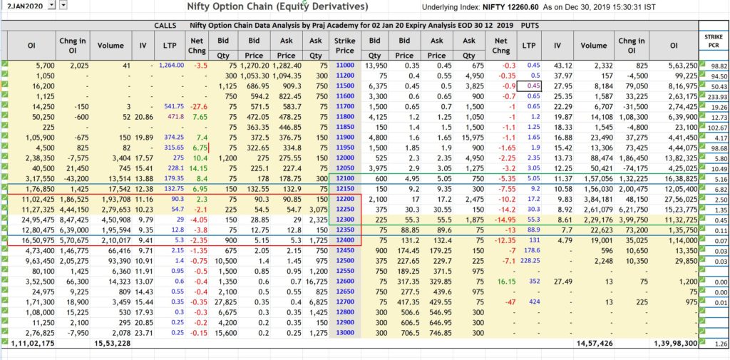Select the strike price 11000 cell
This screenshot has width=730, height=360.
(344, 65)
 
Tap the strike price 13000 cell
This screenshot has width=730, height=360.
(344, 333)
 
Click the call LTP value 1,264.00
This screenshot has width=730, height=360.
(172, 65)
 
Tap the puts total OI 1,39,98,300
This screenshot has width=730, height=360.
(674, 344)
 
